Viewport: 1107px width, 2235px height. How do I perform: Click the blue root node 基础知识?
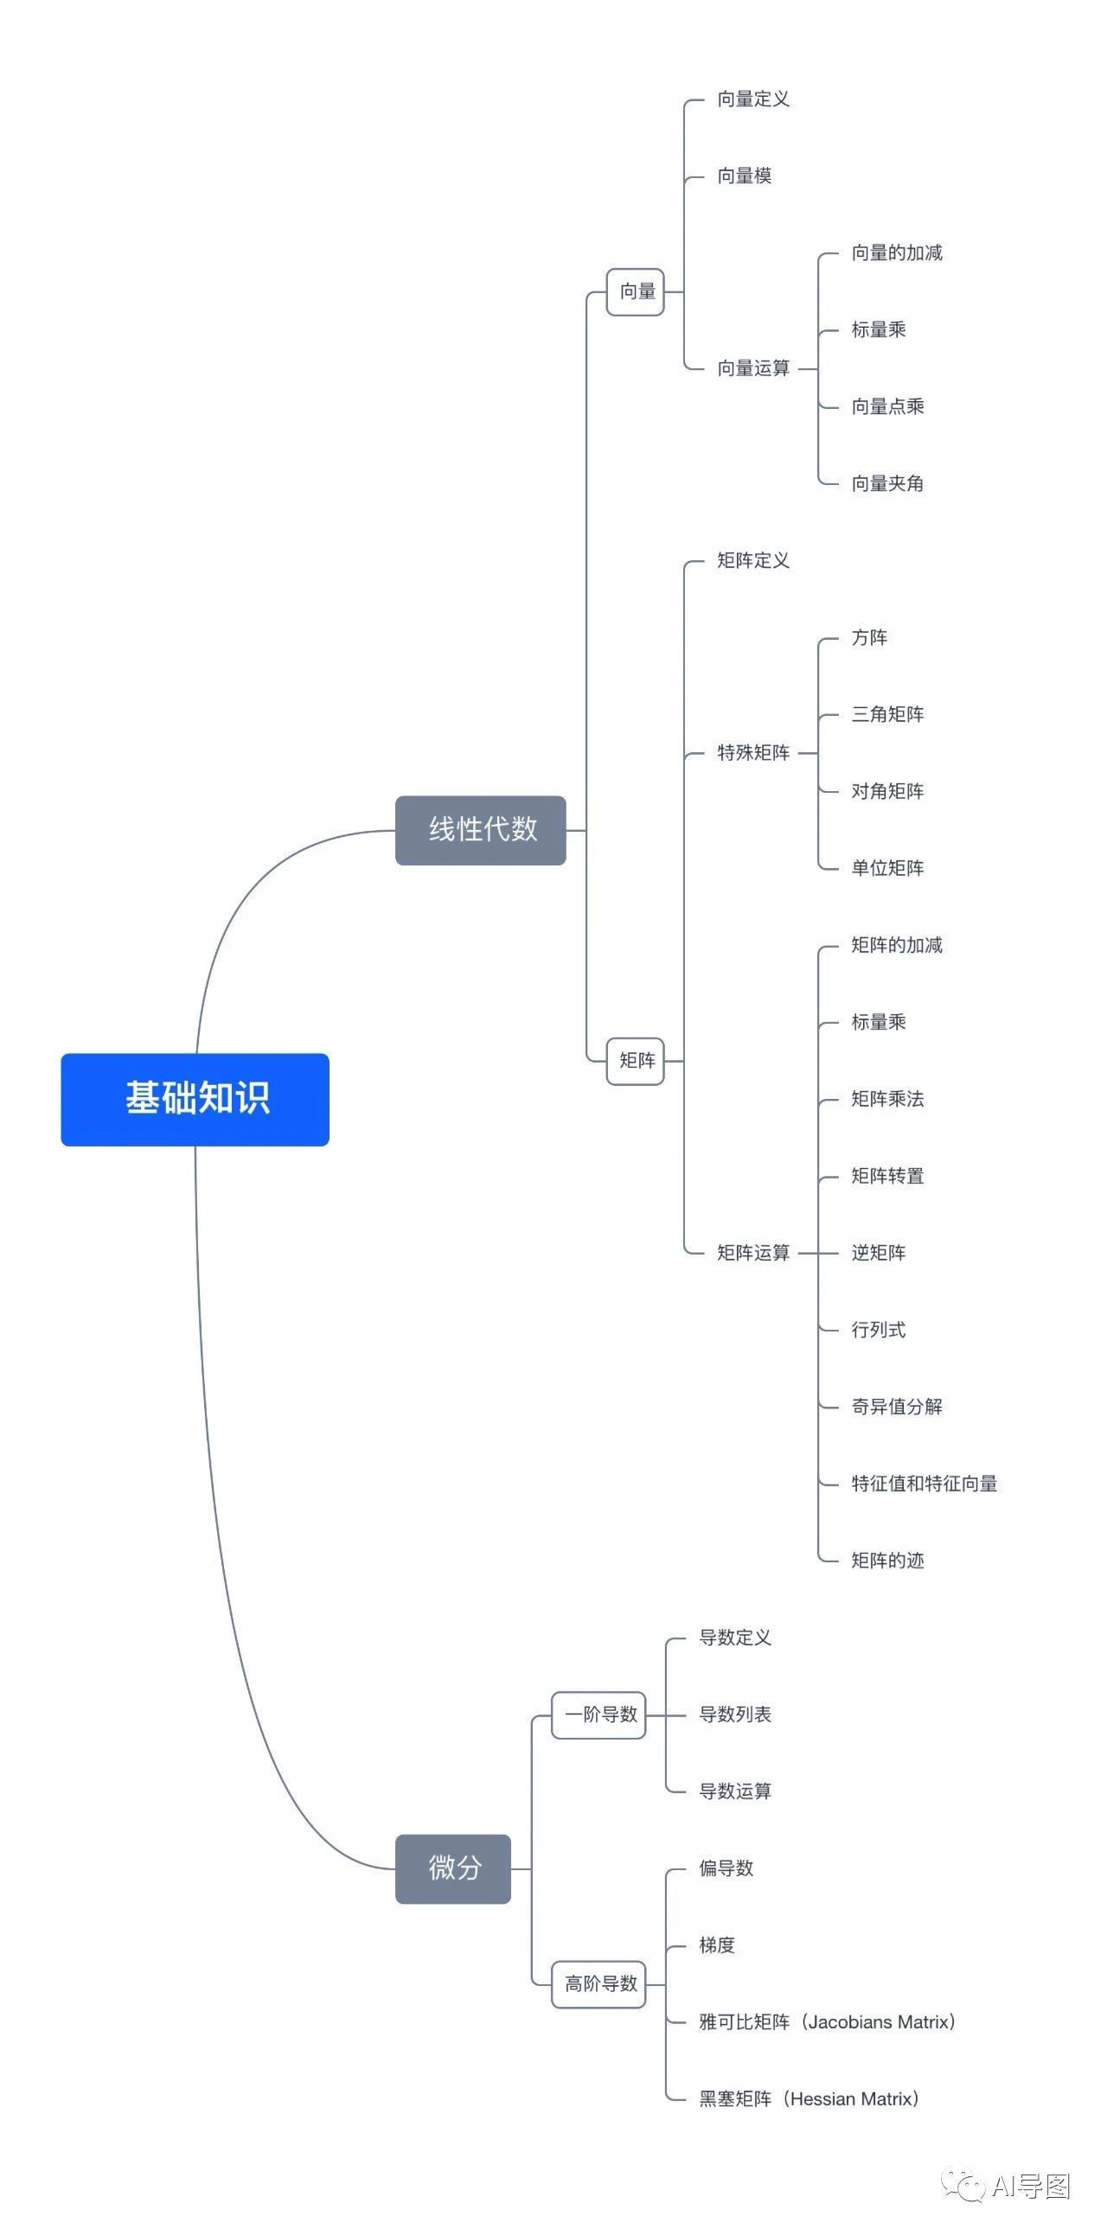point(195,1098)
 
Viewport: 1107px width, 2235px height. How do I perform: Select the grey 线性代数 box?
point(481,829)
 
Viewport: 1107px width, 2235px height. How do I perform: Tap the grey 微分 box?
point(453,1868)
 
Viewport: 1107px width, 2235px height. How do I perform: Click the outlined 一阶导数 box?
point(599,1715)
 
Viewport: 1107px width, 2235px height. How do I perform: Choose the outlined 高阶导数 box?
point(599,1983)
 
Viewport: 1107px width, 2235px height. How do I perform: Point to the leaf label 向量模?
point(744,176)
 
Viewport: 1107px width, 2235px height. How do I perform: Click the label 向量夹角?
point(886,483)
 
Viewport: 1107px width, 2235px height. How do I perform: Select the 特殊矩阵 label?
point(753,752)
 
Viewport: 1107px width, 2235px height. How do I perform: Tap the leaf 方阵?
point(869,638)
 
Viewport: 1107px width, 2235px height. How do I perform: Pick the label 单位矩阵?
point(886,867)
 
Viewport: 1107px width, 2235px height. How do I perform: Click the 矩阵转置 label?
point(886,1176)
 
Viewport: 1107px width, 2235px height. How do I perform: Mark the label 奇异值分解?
point(896,1407)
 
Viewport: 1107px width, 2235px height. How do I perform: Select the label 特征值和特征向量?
point(924,1484)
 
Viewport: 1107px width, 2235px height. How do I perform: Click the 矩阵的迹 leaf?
point(886,1561)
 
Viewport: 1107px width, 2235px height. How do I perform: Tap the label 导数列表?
point(735,1715)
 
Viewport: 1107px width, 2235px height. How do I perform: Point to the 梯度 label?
point(717,1945)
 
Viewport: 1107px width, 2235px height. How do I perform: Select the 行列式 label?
point(878,1330)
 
